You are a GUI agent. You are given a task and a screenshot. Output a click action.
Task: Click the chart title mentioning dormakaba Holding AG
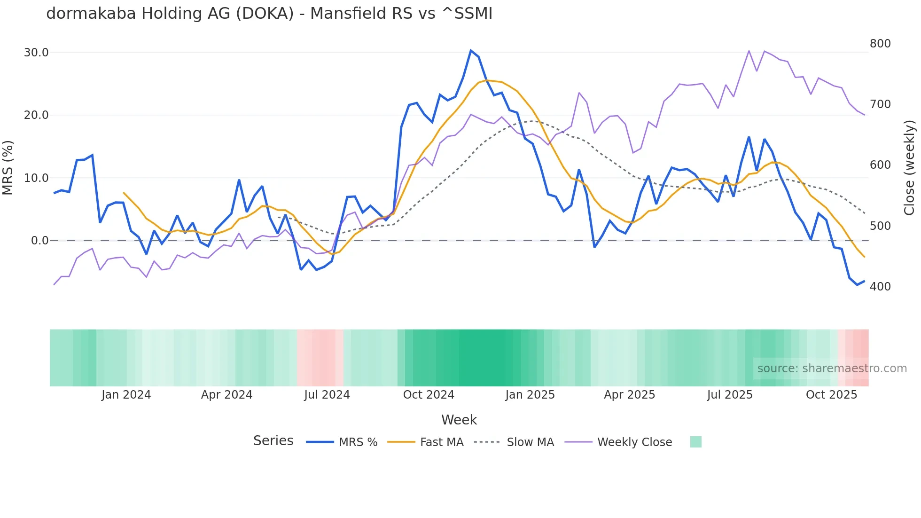coord(269,14)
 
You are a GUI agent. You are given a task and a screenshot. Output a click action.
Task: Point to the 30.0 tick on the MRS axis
coord(36,53)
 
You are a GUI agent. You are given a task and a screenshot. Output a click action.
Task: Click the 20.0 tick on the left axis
coord(36,115)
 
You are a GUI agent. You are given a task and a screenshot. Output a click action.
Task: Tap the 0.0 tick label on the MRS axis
coord(39,241)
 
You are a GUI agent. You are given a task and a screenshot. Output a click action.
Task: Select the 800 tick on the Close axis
coord(880,44)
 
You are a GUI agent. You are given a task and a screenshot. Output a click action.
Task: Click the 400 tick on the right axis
coord(880,287)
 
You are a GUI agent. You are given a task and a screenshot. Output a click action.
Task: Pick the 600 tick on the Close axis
coord(880,165)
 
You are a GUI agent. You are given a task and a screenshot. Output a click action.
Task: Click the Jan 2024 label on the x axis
coord(126,395)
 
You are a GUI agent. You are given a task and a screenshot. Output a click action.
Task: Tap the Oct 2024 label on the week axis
coord(429,395)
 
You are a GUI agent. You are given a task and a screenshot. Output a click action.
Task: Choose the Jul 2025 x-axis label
coord(730,395)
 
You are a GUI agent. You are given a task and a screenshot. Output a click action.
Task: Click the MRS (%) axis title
coord(8,167)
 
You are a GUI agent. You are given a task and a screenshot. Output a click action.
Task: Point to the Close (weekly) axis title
coord(910,168)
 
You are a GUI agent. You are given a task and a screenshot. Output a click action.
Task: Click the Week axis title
coord(459,420)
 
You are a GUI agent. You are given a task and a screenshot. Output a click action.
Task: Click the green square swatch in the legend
coord(695,442)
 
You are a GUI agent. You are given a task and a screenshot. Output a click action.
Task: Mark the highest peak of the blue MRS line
coord(471,50)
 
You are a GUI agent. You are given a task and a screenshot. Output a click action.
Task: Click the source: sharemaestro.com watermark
coord(832,369)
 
